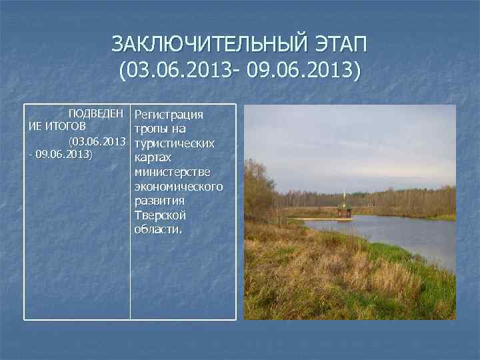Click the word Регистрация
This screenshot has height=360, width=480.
(169, 114)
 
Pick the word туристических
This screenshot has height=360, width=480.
(174, 143)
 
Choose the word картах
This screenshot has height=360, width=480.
(153, 157)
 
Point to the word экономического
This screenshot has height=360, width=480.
(178, 186)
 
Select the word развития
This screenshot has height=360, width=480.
(159, 201)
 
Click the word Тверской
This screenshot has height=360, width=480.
(160, 215)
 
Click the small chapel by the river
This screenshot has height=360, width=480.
(344, 211)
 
